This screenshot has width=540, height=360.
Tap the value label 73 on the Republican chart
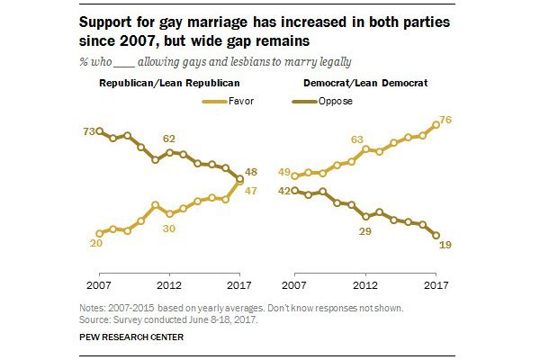[88, 131]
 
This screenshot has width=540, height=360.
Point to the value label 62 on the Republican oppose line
[169, 139]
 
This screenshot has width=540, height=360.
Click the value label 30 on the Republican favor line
[170, 228]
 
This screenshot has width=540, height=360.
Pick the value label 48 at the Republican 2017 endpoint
[254, 170]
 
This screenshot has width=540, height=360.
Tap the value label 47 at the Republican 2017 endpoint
[254, 191]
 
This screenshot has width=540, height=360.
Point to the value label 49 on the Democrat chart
[282, 173]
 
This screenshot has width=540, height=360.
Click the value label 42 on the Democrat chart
[282, 190]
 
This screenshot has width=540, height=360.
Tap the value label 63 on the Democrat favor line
[356, 139]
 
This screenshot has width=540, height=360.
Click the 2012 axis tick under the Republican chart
[169, 287]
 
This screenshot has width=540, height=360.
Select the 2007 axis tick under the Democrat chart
[294, 287]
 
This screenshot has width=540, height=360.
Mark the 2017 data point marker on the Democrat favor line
[436, 125]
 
